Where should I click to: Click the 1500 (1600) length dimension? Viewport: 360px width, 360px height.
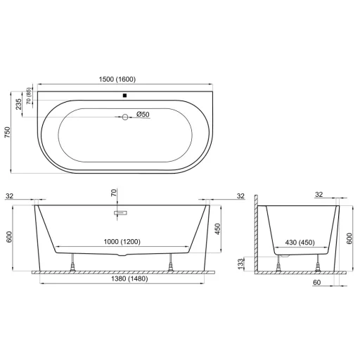pos(117,79)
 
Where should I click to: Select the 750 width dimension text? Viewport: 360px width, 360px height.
pos(8,132)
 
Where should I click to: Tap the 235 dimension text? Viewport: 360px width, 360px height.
pos(18,104)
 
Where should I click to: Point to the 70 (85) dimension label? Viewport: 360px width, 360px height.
pos(29,96)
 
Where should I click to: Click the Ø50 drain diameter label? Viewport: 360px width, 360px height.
pos(143,115)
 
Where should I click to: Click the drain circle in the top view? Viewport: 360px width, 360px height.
pos(125,117)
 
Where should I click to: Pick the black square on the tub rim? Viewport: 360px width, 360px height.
pos(124,96)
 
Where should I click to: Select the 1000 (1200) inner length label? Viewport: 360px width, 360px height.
pos(122,241)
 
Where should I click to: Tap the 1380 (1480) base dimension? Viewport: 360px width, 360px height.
pos(129,278)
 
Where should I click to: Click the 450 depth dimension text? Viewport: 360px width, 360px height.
pos(218,229)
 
